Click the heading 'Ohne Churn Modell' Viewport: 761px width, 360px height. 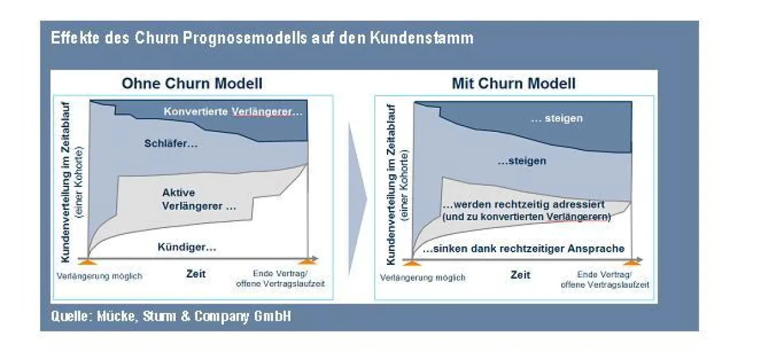click(x=192, y=83)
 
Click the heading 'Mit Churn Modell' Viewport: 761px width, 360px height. click(x=514, y=83)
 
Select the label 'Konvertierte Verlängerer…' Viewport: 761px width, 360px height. click(x=233, y=112)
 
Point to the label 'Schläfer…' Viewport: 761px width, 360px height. click(x=171, y=143)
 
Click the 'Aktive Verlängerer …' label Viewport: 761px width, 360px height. click(x=198, y=200)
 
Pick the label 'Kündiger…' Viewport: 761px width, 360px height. click(x=187, y=247)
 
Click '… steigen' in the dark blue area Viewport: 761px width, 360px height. click(x=557, y=118)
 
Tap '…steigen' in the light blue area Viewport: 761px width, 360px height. click(x=522, y=160)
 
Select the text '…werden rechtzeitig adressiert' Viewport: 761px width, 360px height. click(x=524, y=205)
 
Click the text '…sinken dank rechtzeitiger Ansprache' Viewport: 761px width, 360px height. click(x=524, y=248)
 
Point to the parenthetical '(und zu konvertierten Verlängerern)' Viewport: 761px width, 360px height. click(x=526, y=217)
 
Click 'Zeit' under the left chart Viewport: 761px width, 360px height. click(x=196, y=274)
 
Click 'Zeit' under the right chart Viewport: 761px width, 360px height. click(x=520, y=275)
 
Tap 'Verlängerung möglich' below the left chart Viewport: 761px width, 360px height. click(x=99, y=276)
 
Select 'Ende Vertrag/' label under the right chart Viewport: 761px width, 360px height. click(x=604, y=274)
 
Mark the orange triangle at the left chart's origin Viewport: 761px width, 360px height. click(x=88, y=262)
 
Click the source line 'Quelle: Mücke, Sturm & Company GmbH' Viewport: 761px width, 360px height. click(x=171, y=316)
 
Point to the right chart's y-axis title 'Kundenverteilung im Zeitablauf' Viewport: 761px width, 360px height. click(x=391, y=184)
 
